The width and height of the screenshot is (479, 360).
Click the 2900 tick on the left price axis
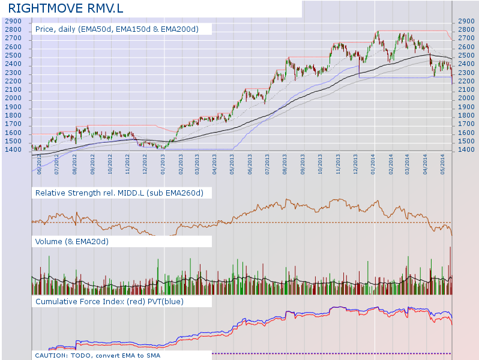pyautogui.click(x=13, y=21)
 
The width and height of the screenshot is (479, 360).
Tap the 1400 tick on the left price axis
pyautogui.click(x=13, y=150)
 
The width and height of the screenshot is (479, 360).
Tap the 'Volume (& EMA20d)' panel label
pyautogui.click(x=76, y=241)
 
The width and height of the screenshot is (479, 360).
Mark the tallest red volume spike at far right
pyautogui.click(x=450, y=264)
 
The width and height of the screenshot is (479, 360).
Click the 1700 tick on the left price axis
pyautogui.click(x=13, y=124)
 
